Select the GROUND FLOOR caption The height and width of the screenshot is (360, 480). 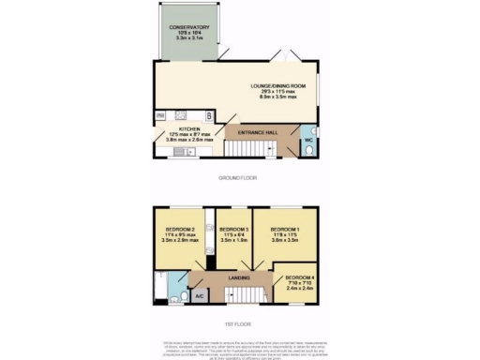click(239, 177)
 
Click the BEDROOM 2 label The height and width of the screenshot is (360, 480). click(180, 230)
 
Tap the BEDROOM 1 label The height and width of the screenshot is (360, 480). click(285, 229)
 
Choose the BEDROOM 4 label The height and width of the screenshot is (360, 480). click(301, 277)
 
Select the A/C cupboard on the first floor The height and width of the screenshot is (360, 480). click(199, 296)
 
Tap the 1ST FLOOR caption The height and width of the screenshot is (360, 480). click(239, 324)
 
